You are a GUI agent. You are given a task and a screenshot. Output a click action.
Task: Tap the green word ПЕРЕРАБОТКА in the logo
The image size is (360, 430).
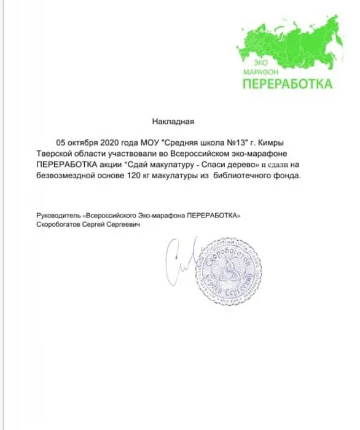(285, 84)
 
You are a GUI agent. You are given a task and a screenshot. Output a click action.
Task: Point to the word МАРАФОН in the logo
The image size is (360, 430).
(256, 72)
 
